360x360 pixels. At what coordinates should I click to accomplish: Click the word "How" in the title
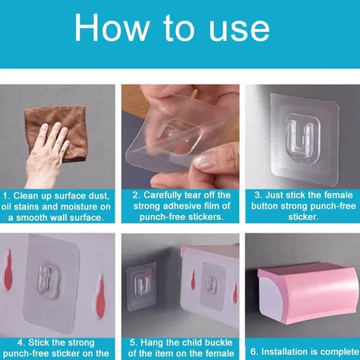[x=112, y=28]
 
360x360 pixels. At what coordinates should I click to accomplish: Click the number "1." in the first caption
[x=7, y=196]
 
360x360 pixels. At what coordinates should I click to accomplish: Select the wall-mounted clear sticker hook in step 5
[x=141, y=286]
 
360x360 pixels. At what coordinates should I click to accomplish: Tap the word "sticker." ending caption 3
[x=303, y=217]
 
